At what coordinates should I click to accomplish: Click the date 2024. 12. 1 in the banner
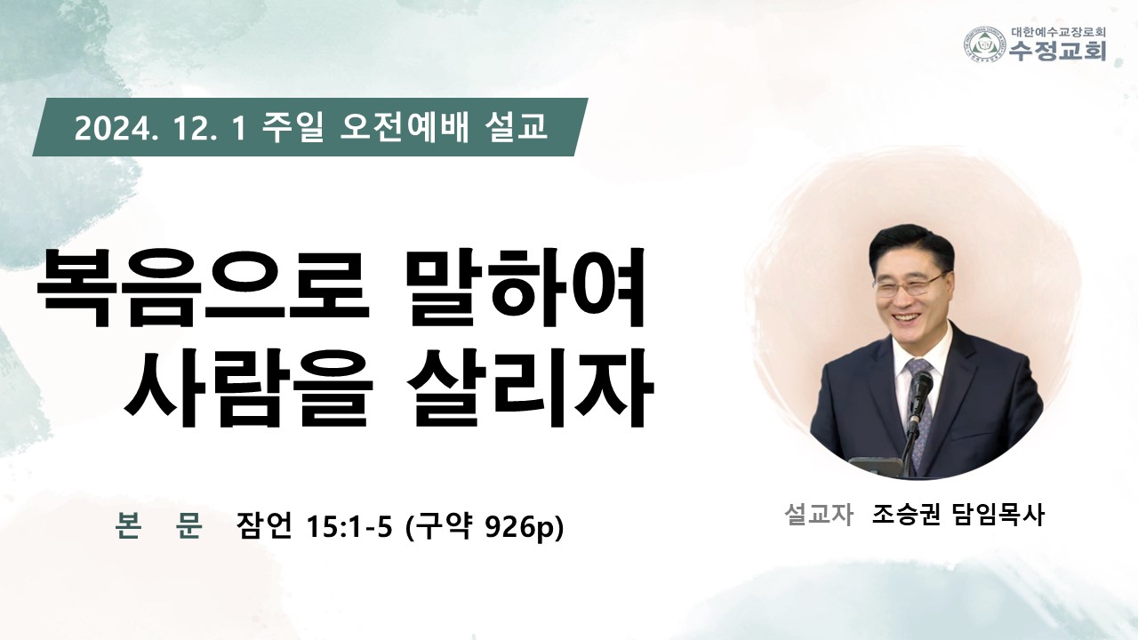pos(161,127)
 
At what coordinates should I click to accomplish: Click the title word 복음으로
pos(204,288)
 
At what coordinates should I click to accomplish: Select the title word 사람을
pos(248,388)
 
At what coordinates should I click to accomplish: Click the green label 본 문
pos(159,525)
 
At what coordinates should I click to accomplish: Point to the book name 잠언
pos(264,526)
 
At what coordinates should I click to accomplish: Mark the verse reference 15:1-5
pos(349,527)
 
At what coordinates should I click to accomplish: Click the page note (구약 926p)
pos(485,527)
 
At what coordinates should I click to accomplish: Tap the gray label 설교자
pos(819,515)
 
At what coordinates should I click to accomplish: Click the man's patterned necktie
pos(918,406)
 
